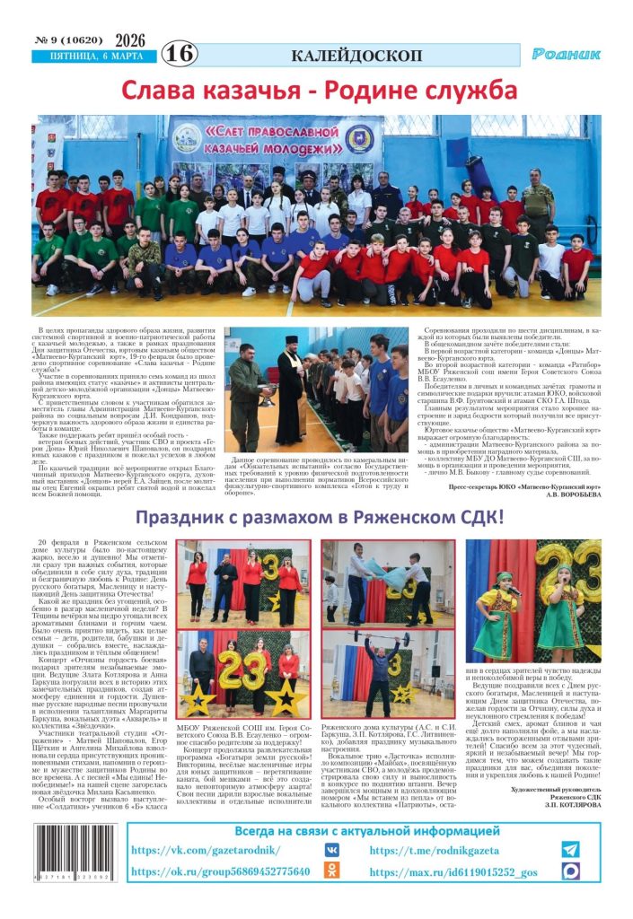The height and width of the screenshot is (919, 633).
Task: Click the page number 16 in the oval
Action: pos(179,54)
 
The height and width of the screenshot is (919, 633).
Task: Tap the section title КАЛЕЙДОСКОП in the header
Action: pos(356,55)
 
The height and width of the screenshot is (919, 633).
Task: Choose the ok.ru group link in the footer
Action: pos(220,871)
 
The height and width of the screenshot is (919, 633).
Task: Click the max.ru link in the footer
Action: pos(453,871)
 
